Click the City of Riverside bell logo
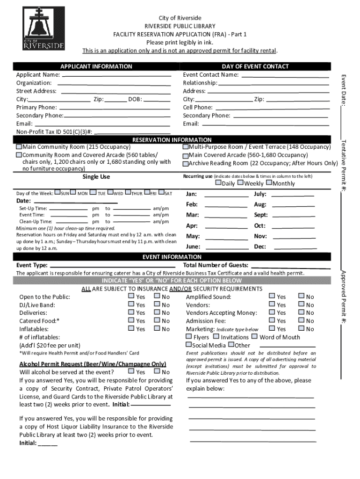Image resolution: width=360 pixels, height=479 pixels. [43, 29]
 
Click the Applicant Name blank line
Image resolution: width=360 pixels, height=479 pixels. [116, 75]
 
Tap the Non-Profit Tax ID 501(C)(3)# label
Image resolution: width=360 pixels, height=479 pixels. [54, 132]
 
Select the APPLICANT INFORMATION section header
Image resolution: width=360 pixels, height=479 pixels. [96, 66]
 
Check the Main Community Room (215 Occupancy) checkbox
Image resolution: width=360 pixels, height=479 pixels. [19, 147]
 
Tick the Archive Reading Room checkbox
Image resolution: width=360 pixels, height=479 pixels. [185, 164]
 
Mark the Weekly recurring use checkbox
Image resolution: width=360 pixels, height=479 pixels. [240, 183]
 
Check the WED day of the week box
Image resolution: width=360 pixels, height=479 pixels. [110, 193]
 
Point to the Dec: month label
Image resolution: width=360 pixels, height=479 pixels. [260, 247]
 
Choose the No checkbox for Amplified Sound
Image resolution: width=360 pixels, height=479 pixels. [301, 297]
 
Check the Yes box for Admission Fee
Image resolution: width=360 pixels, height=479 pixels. [272, 320]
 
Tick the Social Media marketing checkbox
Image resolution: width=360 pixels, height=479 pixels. [183, 345]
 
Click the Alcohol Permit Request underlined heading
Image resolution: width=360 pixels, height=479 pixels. [93, 364]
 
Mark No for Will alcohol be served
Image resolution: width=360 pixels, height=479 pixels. [157, 372]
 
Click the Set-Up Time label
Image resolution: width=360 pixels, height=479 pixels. [33, 208]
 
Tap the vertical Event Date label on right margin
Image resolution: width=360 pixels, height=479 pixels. [343, 89]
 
